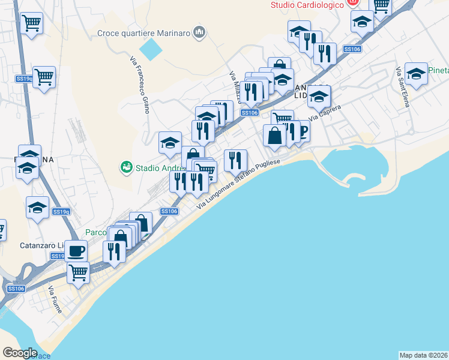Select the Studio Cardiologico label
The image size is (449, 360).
click(307, 5)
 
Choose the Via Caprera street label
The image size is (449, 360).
click(325, 112)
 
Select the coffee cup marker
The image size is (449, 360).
click(76, 250)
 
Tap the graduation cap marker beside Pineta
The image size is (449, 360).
click(416, 74)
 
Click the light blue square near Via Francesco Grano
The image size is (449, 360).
click(151, 49)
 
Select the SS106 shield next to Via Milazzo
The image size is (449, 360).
click(249, 113)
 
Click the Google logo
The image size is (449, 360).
click(20, 353)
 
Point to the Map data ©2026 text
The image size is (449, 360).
click(423, 355)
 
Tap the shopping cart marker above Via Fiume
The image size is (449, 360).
click(79, 272)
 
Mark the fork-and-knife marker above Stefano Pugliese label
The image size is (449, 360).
click(235, 160)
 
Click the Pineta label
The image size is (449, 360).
click(439, 70)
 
